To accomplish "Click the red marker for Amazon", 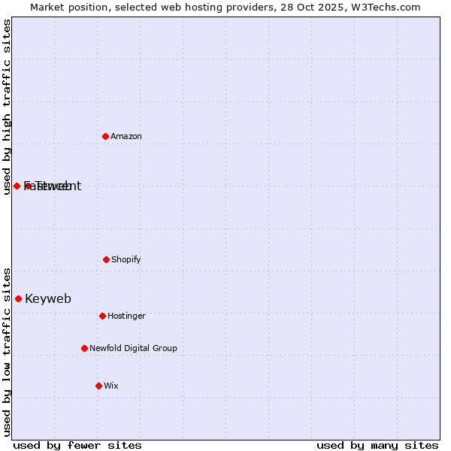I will click(105, 136).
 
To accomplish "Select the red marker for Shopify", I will click(106, 259).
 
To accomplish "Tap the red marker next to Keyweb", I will click(18, 298).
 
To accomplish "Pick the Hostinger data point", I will click(102, 316).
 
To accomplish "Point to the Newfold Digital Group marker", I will click(84, 348).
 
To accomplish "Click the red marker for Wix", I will click(98, 386).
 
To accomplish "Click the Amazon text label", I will click(126, 136).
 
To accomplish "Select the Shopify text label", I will click(126, 259).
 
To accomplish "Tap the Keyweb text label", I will click(48, 298).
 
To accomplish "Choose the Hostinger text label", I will click(126, 316).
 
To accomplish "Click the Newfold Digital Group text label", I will click(133, 348).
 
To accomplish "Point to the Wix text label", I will click(111, 386).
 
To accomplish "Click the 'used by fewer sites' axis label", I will click(77, 445).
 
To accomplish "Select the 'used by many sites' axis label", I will click(377, 445).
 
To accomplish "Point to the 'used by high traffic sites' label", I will click(7, 107).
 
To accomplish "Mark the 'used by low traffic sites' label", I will click(7, 352).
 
